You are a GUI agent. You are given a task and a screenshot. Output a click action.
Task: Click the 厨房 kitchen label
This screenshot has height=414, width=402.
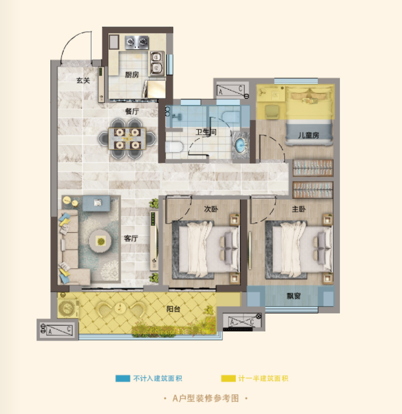click(132, 75)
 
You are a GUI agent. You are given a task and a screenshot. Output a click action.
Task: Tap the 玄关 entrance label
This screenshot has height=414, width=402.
click(83, 80)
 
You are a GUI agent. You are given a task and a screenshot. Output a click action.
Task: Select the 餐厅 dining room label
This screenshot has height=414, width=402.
click(132, 112)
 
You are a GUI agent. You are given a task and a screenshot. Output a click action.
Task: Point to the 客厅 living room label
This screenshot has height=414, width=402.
click(131, 239)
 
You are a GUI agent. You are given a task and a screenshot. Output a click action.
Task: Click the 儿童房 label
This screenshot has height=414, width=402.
click(308, 136)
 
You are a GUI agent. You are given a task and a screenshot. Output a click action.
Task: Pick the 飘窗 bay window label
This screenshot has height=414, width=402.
click(294, 296)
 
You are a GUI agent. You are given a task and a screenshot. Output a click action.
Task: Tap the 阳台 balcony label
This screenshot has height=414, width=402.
click(173, 309)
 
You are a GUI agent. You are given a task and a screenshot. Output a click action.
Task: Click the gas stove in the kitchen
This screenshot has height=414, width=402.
click(136, 42)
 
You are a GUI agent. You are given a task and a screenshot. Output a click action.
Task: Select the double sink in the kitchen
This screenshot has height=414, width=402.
click(157, 63)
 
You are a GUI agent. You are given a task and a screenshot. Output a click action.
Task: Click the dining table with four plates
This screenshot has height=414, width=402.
click(127, 139)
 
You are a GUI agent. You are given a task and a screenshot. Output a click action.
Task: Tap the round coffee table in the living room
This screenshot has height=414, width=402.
click(101, 241)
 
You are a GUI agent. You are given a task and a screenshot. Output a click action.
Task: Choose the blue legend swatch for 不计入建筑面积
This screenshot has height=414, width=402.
click(123, 378)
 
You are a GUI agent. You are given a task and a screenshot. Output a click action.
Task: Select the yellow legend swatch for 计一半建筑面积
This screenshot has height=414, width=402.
click(228, 378)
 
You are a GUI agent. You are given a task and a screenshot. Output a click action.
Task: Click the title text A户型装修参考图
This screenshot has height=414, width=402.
click(205, 398)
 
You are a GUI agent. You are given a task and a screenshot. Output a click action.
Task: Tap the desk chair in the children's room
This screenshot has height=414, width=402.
click(272, 112)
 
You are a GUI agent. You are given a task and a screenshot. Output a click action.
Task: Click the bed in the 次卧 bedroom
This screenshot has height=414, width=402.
click(206, 249)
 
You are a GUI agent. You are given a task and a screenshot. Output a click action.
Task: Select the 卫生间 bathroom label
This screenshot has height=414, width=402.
click(206, 132)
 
